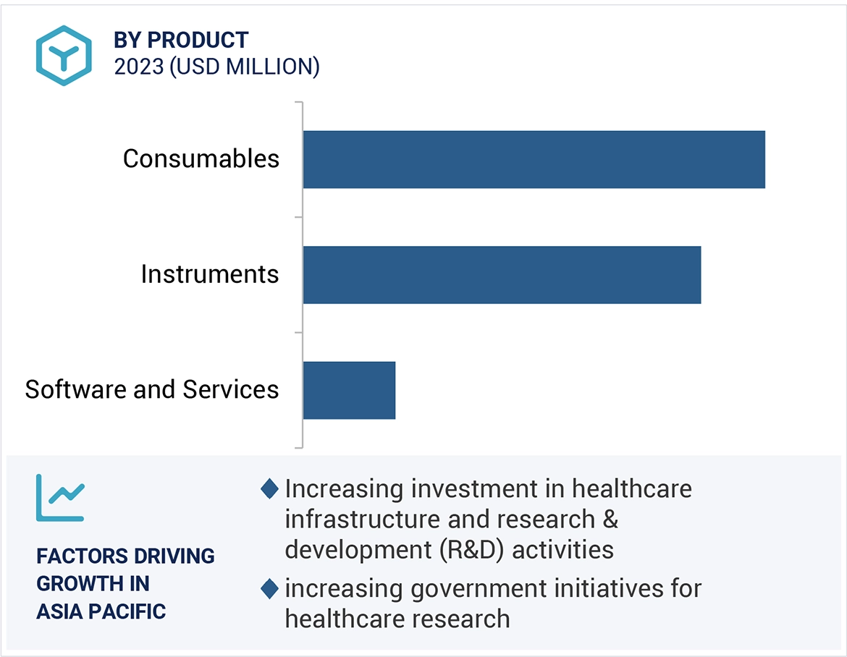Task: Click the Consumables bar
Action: pos(534,159)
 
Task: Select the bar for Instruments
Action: pos(502,274)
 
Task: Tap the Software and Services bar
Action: pos(349,390)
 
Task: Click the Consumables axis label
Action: pos(201,158)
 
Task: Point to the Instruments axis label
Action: pos(209,274)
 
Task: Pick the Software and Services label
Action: pos(151,389)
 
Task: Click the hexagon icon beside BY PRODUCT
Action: pos(64,55)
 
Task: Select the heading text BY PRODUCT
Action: pos(181,40)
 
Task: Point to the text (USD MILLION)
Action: pos(245,67)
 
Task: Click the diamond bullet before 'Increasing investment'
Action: pos(269,489)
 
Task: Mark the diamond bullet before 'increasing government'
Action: pos(269,589)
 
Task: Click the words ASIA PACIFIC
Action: pos(101,611)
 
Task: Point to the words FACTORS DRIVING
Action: pos(125,556)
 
